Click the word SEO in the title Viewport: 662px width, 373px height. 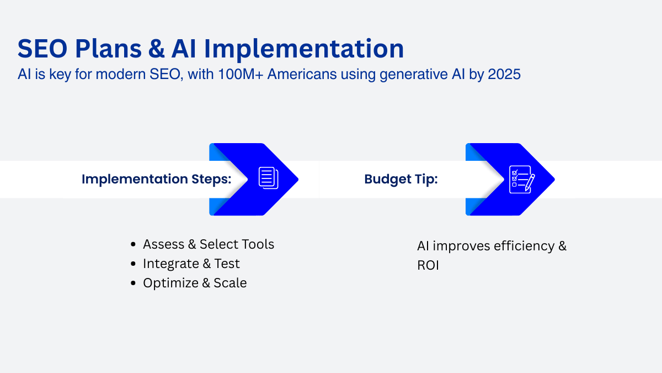pyautogui.click(x=42, y=49)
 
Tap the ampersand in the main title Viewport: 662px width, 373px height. pyautogui.click(x=156, y=49)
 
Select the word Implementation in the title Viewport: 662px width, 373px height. pyautogui.click(x=304, y=50)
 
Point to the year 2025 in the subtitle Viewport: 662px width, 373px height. pyautogui.click(x=504, y=74)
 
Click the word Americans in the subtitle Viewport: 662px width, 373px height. pyautogui.click(x=302, y=74)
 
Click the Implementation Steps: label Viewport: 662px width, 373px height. pyautogui.click(x=156, y=179)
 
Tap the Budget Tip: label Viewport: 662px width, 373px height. pyautogui.click(x=401, y=179)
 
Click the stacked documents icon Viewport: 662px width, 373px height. pyautogui.click(x=268, y=178)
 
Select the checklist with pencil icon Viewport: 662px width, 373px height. pyautogui.click(x=522, y=180)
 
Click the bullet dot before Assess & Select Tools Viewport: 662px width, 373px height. pyautogui.click(x=133, y=244)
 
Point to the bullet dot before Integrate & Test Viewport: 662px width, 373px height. pyautogui.click(x=133, y=264)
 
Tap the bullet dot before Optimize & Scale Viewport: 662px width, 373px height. pyautogui.click(x=133, y=283)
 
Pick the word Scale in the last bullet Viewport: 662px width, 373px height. pyautogui.click(x=230, y=283)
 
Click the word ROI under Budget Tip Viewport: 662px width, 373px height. pyautogui.click(x=428, y=265)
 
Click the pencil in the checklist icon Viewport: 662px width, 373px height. pyautogui.click(x=530, y=182)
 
